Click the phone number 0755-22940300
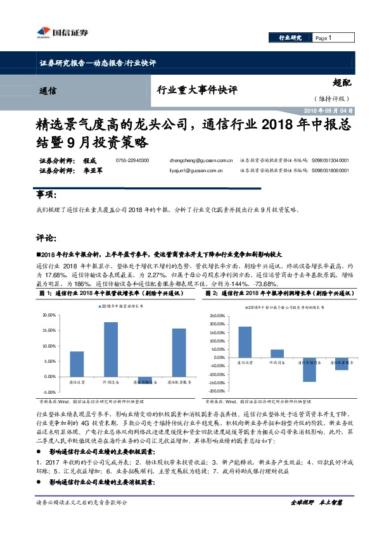point(132,161)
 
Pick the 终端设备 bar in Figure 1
point(110,349)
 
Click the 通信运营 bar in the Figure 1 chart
point(77,364)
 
